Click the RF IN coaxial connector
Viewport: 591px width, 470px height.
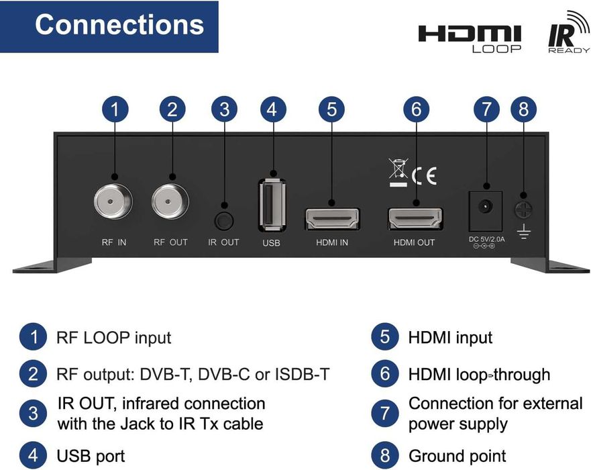coord(113,202)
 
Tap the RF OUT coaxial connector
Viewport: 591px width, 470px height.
coord(170,202)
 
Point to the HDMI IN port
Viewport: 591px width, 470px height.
coord(332,218)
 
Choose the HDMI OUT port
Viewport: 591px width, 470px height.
coord(415,219)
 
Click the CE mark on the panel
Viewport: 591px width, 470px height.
coord(424,176)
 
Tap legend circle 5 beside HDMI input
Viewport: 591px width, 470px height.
coord(384,337)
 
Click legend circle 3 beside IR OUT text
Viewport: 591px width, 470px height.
coord(33,413)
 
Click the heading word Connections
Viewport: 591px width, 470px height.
coord(119,25)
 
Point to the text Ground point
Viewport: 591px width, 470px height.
coord(457,456)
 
